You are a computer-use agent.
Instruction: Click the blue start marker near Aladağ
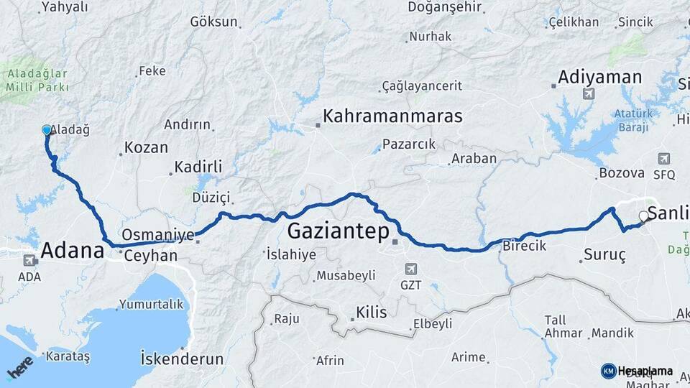[47, 130]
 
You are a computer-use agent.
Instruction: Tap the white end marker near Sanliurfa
[643, 216]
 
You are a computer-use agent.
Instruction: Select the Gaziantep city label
[338, 231]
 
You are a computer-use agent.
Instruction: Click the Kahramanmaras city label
[392, 116]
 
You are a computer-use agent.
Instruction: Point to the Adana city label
[73, 251]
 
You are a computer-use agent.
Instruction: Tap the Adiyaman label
[599, 77]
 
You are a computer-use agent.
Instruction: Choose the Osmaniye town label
[158, 235]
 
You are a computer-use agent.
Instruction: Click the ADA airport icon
[29, 261]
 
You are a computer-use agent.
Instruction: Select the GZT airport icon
[410, 269]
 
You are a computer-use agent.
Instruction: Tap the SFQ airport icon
[663, 159]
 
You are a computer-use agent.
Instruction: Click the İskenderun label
[182, 358]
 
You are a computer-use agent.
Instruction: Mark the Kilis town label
[371, 313]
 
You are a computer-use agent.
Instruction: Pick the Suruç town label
[605, 256]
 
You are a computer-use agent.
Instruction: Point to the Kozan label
[146, 148]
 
